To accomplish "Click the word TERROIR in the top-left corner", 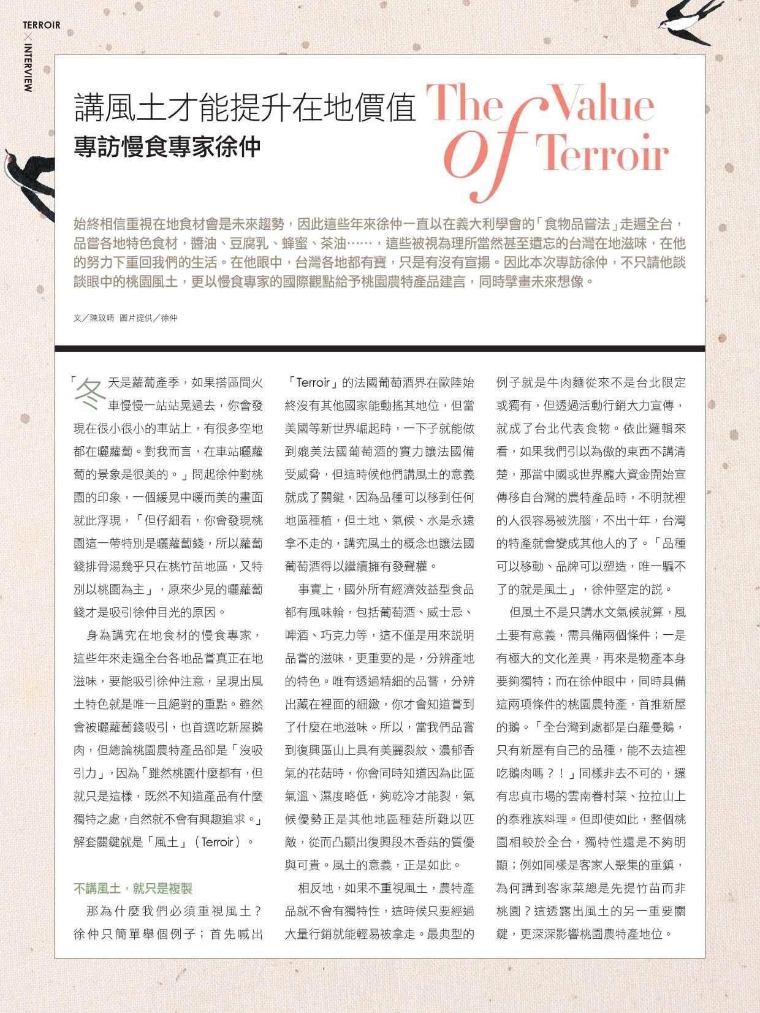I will [x=42, y=25].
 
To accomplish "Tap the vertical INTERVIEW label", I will [x=28, y=67].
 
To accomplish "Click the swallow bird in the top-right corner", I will [x=687, y=22].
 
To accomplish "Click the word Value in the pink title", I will [x=603, y=105].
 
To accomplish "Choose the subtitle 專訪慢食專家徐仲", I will [x=167, y=147].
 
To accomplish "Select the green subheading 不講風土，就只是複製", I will [x=133, y=889].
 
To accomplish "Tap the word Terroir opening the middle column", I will [x=313, y=383].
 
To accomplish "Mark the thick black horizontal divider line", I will [x=380, y=348].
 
